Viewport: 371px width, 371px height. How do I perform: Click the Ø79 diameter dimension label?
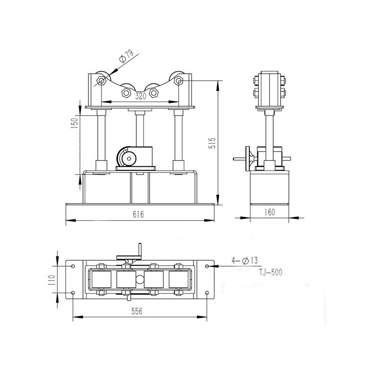126,58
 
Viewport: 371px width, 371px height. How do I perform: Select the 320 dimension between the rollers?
141,96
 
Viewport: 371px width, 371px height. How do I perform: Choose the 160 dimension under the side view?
270,212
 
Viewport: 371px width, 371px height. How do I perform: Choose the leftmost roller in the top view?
101,280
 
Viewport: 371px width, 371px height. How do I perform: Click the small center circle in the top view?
139,280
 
